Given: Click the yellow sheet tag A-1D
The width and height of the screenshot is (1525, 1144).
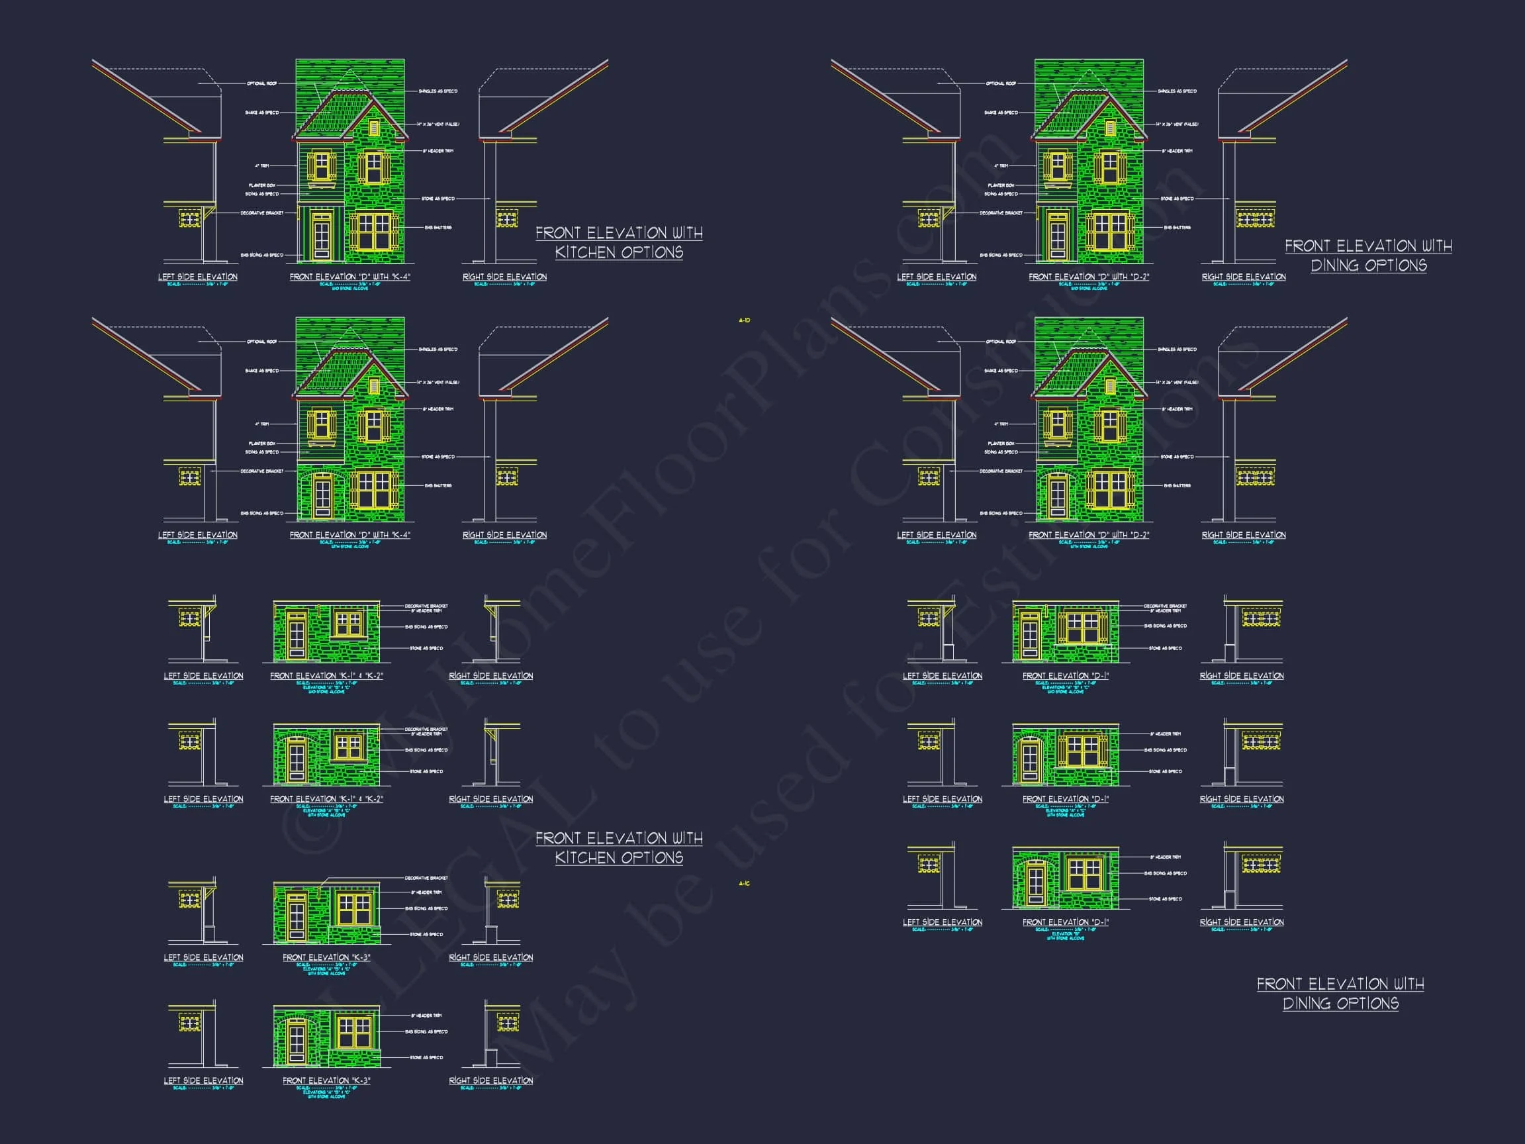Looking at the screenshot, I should coord(744,320).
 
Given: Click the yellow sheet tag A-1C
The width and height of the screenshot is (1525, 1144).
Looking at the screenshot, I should coord(744,883).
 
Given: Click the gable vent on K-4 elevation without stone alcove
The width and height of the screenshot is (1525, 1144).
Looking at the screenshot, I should coord(375,128).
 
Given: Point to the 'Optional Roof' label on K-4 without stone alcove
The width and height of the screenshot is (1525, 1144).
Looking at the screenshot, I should coord(262,83).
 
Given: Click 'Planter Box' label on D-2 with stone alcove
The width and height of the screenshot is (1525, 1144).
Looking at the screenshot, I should coord(1001,444).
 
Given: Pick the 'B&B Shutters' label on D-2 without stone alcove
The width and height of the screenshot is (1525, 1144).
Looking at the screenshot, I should coord(1177,228).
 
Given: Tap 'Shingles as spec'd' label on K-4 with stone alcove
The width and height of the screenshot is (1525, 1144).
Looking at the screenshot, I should coord(438,350).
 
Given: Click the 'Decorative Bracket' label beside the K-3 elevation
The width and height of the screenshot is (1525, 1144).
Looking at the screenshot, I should coord(426,878).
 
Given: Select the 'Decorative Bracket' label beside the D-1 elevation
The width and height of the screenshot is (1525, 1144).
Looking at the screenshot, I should coord(1165,606).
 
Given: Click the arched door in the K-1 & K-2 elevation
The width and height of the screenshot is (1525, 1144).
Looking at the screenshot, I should coord(297,759).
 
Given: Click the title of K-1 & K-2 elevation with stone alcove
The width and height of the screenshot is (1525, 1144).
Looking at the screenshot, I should coord(326,799).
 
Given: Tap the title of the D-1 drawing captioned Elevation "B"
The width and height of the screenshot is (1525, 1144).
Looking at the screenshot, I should coord(1065,922).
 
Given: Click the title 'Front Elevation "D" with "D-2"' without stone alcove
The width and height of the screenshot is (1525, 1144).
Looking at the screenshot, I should coord(1089,277).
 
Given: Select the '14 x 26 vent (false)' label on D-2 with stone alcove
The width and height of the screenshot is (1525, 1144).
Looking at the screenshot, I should coord(1177,382).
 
